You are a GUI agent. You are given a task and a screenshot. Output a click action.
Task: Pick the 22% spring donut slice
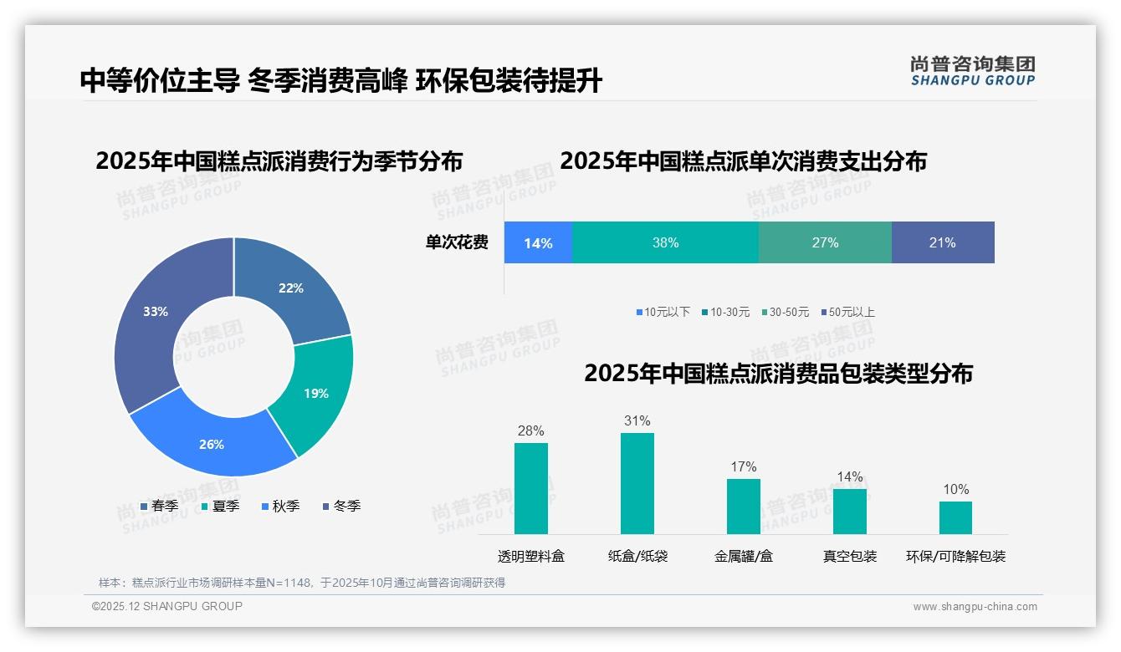(289, 288)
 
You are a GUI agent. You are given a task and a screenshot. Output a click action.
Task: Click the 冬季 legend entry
(342, 506)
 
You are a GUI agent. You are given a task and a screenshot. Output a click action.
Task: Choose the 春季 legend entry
(160, 506)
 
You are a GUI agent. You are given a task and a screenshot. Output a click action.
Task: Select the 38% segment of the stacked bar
(665, 242)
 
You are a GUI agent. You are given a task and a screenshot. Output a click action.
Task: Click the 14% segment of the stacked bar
(538, 242)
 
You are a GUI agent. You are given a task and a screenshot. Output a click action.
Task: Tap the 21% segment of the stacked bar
(942, 242)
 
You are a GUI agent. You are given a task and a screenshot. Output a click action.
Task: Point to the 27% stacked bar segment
(825, 242)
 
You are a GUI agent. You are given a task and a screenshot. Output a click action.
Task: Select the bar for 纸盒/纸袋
(637, 483)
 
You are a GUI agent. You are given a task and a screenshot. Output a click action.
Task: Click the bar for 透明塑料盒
(531, 488)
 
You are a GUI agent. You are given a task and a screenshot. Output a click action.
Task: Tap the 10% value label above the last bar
(955, 489)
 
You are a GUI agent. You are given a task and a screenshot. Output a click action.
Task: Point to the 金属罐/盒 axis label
(744, 556)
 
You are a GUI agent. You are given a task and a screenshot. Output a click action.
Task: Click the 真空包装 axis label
(850, 556)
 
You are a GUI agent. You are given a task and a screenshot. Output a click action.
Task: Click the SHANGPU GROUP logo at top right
(973, 71)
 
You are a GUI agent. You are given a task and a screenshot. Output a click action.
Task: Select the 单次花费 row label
(457, 242)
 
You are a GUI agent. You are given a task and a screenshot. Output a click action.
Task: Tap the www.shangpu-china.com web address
(975, 607)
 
